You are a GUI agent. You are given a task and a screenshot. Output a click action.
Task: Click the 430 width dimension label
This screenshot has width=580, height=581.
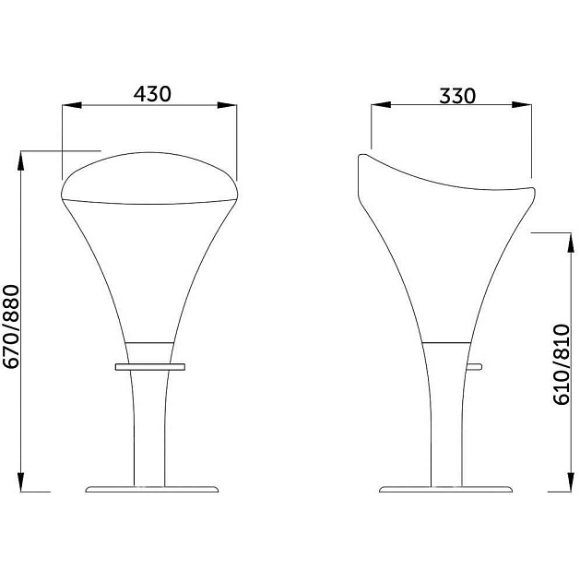coord(152,94)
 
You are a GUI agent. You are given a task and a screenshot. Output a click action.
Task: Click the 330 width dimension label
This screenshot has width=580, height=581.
coord(457,96)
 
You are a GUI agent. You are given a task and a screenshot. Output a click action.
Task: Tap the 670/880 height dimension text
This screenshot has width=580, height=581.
coord(11,326)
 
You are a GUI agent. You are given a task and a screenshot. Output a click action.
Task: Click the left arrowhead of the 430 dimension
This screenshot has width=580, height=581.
coord(72,105)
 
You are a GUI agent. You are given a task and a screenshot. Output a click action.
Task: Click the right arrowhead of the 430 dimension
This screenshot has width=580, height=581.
coord(227,105)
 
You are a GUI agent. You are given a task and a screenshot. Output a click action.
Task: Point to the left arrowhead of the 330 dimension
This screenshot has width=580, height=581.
coord(381,105)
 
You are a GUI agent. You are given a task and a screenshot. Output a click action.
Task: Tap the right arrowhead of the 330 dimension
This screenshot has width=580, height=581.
coord(522,105)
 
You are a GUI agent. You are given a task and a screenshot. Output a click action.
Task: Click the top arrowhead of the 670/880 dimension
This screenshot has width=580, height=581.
coord(20,161)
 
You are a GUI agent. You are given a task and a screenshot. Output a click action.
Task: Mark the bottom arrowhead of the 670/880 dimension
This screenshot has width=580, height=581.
coord(20,481)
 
